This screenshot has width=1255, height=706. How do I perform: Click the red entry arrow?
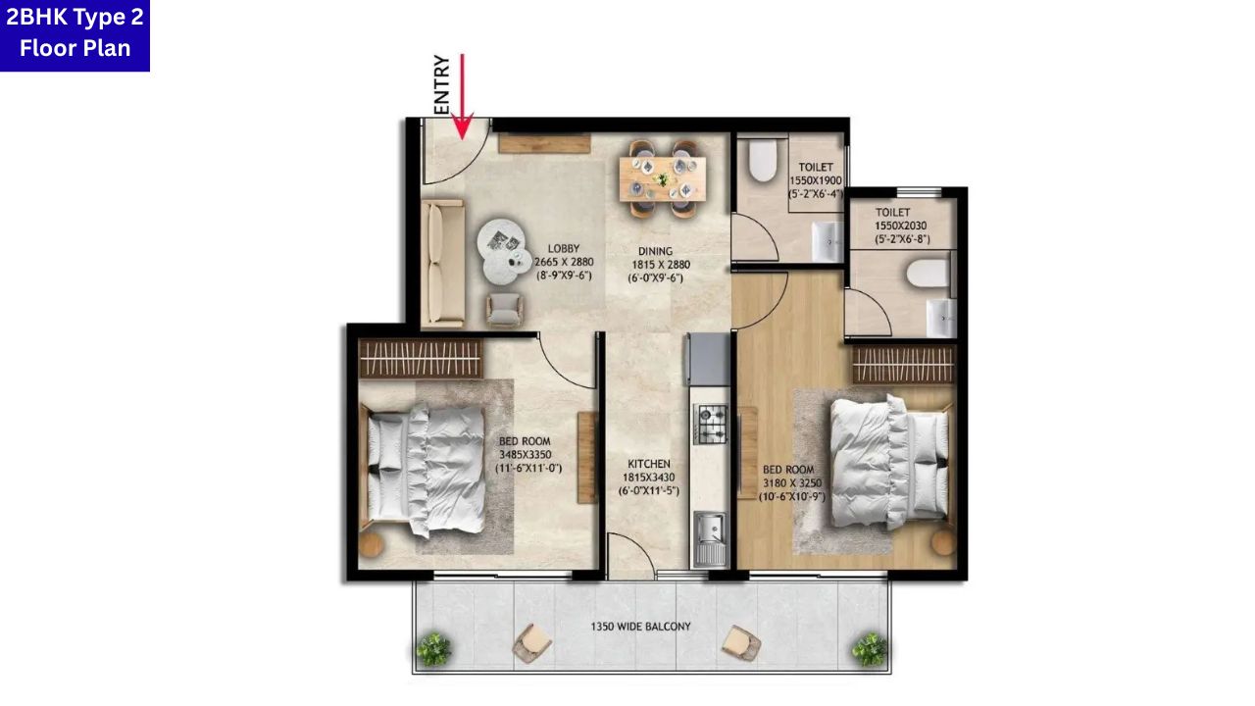(x=462, y=98)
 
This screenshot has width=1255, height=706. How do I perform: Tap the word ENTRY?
(x=441, y=85)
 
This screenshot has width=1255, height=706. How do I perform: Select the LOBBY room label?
(x=564, y=262)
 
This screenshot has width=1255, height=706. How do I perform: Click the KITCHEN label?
(x=649, y=477)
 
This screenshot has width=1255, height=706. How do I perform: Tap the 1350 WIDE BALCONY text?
(x=640, y=627)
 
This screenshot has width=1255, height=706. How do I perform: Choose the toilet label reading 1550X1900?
(x=816, y=180)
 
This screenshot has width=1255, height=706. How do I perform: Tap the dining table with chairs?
(x=662, y=176)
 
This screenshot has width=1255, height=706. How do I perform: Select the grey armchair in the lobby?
(x=505, y=310)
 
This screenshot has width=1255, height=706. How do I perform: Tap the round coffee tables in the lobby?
(x=505, y=250)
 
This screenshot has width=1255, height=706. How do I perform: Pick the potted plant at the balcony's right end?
(x=868, y=647)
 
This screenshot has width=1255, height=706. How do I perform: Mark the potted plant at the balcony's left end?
(x=432, y=647)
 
